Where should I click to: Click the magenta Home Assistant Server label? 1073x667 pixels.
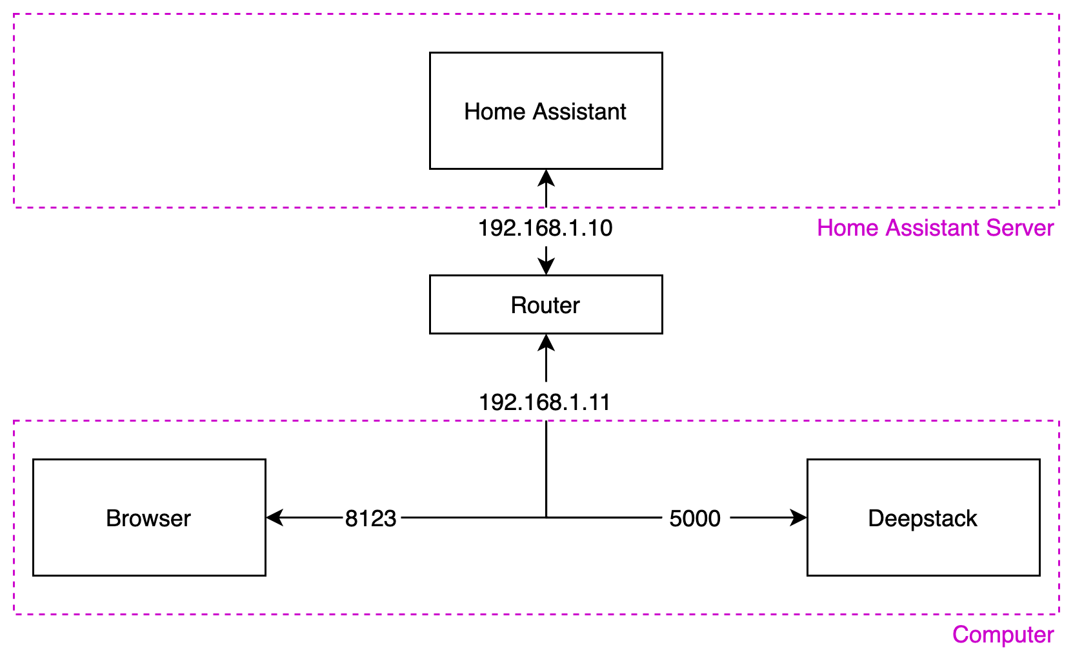pyautogui.click(x=935, y=228)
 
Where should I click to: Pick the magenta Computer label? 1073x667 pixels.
pyautogui.click(x=1003, y=635)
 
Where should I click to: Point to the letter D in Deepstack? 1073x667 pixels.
pyautogui.click(x=876, y=518)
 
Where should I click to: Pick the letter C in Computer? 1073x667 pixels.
pyautogui.click(x=961, y=635)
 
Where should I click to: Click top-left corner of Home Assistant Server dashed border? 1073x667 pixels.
pyautogui.click(x=14, y=14)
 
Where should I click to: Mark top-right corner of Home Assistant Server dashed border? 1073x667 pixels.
pyautogui.click(x=1059, y=14)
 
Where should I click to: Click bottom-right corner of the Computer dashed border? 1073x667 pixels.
pyautogui.click(x=1059, y=614)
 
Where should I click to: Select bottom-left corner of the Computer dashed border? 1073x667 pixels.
pyautogui.click(x=14, y=614)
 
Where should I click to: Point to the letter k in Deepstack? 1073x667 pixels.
pyautogui.click(x=971, y=518)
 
